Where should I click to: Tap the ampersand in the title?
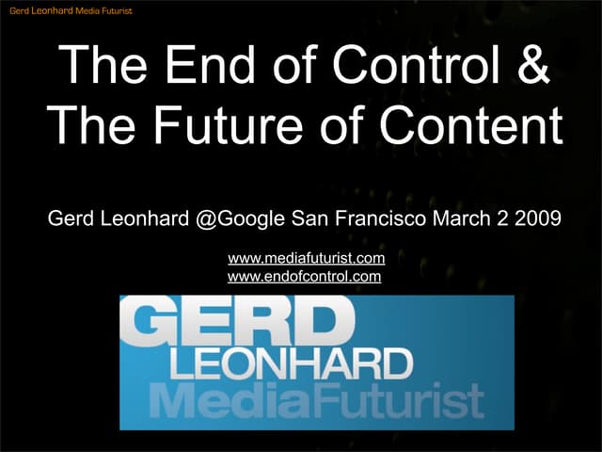[531, 67]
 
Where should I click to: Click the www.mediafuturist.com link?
[307, 258]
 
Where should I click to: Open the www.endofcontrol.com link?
[304, 277]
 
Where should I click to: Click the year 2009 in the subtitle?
[541, 220]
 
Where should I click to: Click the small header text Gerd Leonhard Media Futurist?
[71, 10]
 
